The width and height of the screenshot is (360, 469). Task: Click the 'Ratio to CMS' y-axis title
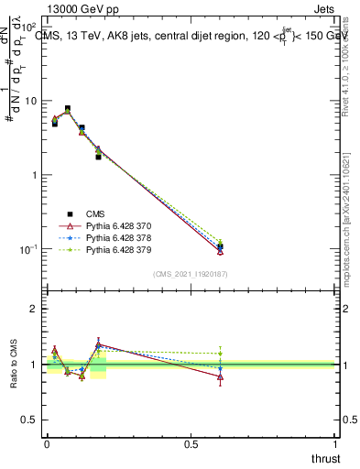[x=14, y=365]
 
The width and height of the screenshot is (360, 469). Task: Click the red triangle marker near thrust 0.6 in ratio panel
[x=220, y=376]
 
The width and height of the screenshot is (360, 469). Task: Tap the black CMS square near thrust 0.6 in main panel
[x=220, y=246]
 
